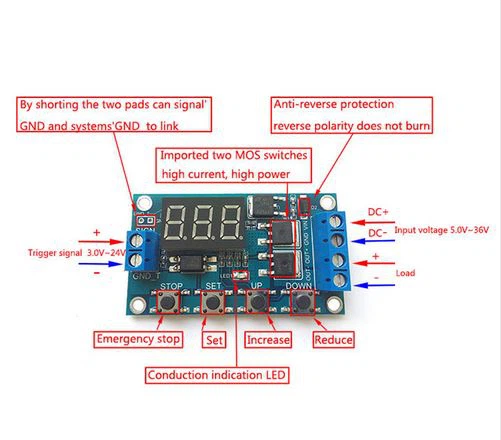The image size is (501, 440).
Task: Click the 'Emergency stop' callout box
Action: point(139,340)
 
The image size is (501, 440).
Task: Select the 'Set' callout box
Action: point(212,340)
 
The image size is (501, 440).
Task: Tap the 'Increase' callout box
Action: point(268,340)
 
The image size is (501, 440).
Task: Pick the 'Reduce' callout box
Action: point(333,340)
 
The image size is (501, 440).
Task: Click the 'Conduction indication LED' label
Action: point(216,376)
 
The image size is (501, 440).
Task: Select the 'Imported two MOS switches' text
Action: point(234,157)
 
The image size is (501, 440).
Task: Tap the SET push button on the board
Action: point(213,299)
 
